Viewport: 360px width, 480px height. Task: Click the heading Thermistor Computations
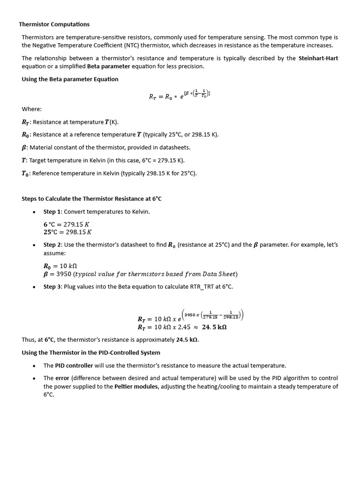tap(54, 24)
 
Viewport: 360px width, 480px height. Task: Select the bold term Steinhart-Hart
tap(318, 58)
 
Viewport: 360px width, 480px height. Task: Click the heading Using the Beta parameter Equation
tap(70, 79)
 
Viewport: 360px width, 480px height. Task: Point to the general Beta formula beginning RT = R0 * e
tap(180, 96)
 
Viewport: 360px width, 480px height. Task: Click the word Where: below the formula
tap(32, 109)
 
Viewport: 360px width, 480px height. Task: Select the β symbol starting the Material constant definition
tap(24, 147)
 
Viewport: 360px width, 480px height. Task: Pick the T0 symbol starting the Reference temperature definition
tap(26, 173)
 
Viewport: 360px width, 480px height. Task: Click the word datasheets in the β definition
tap(175, 147)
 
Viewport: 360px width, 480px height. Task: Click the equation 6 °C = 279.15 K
tap(67, 224)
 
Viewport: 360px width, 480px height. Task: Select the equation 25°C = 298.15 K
tap(67, 232)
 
